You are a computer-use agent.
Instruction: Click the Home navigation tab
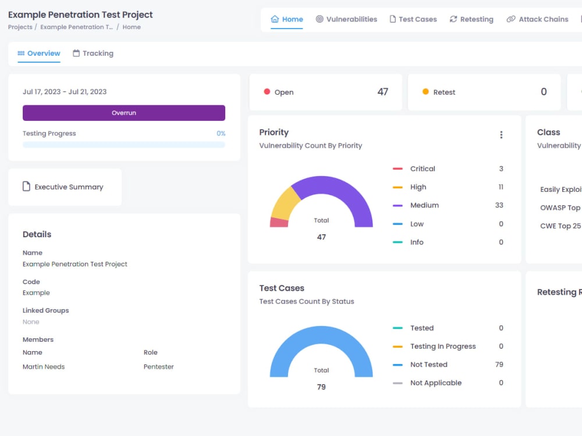coord(287,19)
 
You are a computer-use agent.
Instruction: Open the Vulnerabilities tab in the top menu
coord(346,19)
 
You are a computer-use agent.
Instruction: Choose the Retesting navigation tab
coord(471,19)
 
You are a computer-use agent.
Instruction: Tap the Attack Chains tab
coord(537,19)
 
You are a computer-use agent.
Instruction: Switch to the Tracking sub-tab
coord(93,53)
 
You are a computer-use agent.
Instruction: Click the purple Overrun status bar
coord(123,113)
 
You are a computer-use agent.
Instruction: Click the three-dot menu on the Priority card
coord(501,135)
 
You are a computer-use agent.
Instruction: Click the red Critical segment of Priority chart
coord(279,222)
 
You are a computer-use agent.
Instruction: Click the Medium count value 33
coord(499,205)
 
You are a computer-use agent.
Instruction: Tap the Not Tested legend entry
coord(428,364)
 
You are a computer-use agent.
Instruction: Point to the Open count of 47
coord(382,92)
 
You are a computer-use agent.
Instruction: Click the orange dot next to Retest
coord(425,92)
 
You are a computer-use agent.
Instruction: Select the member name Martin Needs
coord(44,367)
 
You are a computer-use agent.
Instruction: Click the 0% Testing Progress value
coord(221,134)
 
